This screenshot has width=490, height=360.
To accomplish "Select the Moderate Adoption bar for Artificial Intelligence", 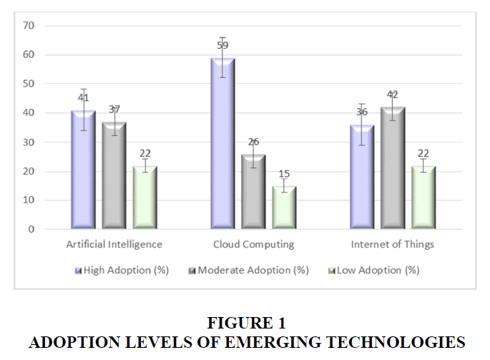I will click(114, 176).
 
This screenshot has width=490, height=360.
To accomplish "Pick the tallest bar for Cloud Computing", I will click(223, 144).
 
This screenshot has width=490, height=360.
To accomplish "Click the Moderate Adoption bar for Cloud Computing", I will click(253, 192).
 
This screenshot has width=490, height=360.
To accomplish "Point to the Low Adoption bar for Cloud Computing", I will click(284, 208).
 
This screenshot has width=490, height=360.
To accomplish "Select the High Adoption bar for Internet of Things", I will click(362, 177).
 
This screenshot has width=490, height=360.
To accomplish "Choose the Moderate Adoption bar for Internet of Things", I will click(392, 169).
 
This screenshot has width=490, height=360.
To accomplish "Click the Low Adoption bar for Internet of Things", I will click(423, 198).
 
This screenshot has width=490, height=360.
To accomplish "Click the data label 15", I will click(284, 174).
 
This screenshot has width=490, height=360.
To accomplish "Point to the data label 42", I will click(392, 94).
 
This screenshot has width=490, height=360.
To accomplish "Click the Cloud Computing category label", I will click(253, 245).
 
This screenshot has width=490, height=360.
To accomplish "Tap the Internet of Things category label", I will click(392, 245).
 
